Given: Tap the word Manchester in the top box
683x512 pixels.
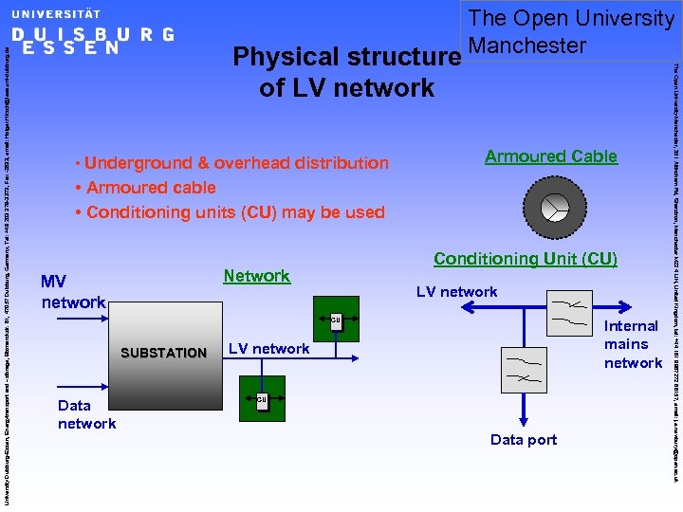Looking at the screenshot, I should (x=527, y=45).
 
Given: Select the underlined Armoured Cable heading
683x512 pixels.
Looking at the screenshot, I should (x=550, y=156).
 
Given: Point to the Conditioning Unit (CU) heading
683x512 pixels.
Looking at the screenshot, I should (x=525, y=259).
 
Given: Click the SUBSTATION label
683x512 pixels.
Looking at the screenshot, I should (x=163, y=353).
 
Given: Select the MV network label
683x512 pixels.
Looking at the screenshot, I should (x=73, y=292).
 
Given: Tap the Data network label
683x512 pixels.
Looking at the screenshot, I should (x=86, y=414).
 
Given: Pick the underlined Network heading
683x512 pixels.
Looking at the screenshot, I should (x=256, y=276).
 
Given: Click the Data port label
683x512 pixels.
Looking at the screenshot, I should (x=524, y=439).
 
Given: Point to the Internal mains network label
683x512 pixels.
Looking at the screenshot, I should (x=633, y=344).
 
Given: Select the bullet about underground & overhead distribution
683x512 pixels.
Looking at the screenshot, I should (x=235, y=163).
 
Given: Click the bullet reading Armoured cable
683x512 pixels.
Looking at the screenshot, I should (x=150, y=188).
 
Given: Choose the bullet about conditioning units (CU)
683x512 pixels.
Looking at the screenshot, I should (x=234, y=212).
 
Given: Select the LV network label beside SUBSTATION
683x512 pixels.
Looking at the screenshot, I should (x=269, y=348).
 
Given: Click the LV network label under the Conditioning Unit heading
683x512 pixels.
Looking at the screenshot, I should (x=456, y=292).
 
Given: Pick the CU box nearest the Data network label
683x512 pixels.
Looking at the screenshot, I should (x=262, y=401).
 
